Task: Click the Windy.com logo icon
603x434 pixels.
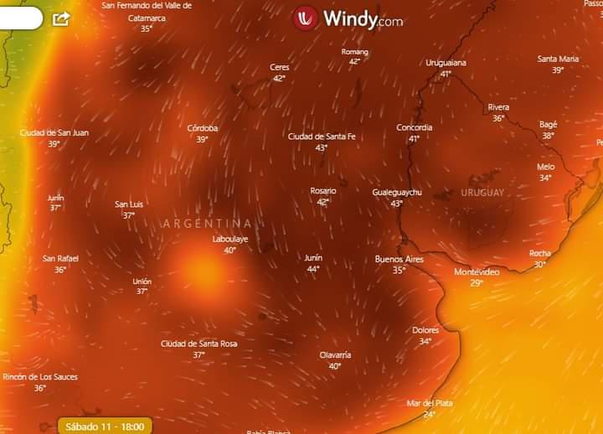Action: point(306,18)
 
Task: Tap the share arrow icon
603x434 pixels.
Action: point(61,18)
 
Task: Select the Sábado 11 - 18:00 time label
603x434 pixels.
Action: point(106,426)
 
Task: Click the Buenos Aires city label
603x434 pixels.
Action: point(399,260)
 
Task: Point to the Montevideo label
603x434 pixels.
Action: point(477,272)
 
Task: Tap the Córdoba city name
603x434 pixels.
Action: point(203,128)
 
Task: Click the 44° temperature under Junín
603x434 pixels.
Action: point(313,269)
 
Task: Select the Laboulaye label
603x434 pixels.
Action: point(229,239)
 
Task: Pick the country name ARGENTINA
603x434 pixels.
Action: point(207,224)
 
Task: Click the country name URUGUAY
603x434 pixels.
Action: point(482,193)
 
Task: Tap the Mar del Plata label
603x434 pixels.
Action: point(430,403)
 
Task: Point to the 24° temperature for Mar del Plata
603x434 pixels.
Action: point(430,414)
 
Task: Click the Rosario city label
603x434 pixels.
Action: point(323,191)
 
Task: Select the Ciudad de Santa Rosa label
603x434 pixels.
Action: point(198,344)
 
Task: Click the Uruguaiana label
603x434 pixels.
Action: point(446,63)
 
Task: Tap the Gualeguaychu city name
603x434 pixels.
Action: point(397,193)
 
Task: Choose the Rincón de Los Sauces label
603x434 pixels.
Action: point(40,377)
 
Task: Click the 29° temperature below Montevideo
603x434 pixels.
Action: point(477,283)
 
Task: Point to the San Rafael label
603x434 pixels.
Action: point(60,259)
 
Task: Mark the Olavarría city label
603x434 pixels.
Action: point(335,354)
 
